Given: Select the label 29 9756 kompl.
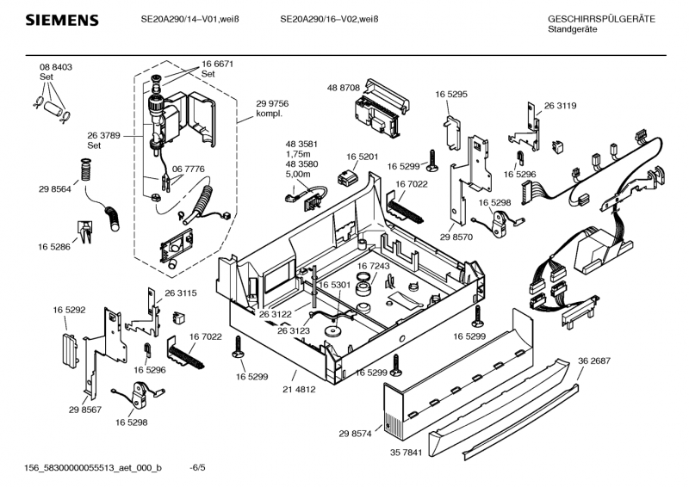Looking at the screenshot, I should (x=272, y=108).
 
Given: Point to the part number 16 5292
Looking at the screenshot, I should (x=69, y=309).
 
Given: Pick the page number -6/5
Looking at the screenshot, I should (x=198, y=467).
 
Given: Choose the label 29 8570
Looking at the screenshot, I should (x=456, y=237).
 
